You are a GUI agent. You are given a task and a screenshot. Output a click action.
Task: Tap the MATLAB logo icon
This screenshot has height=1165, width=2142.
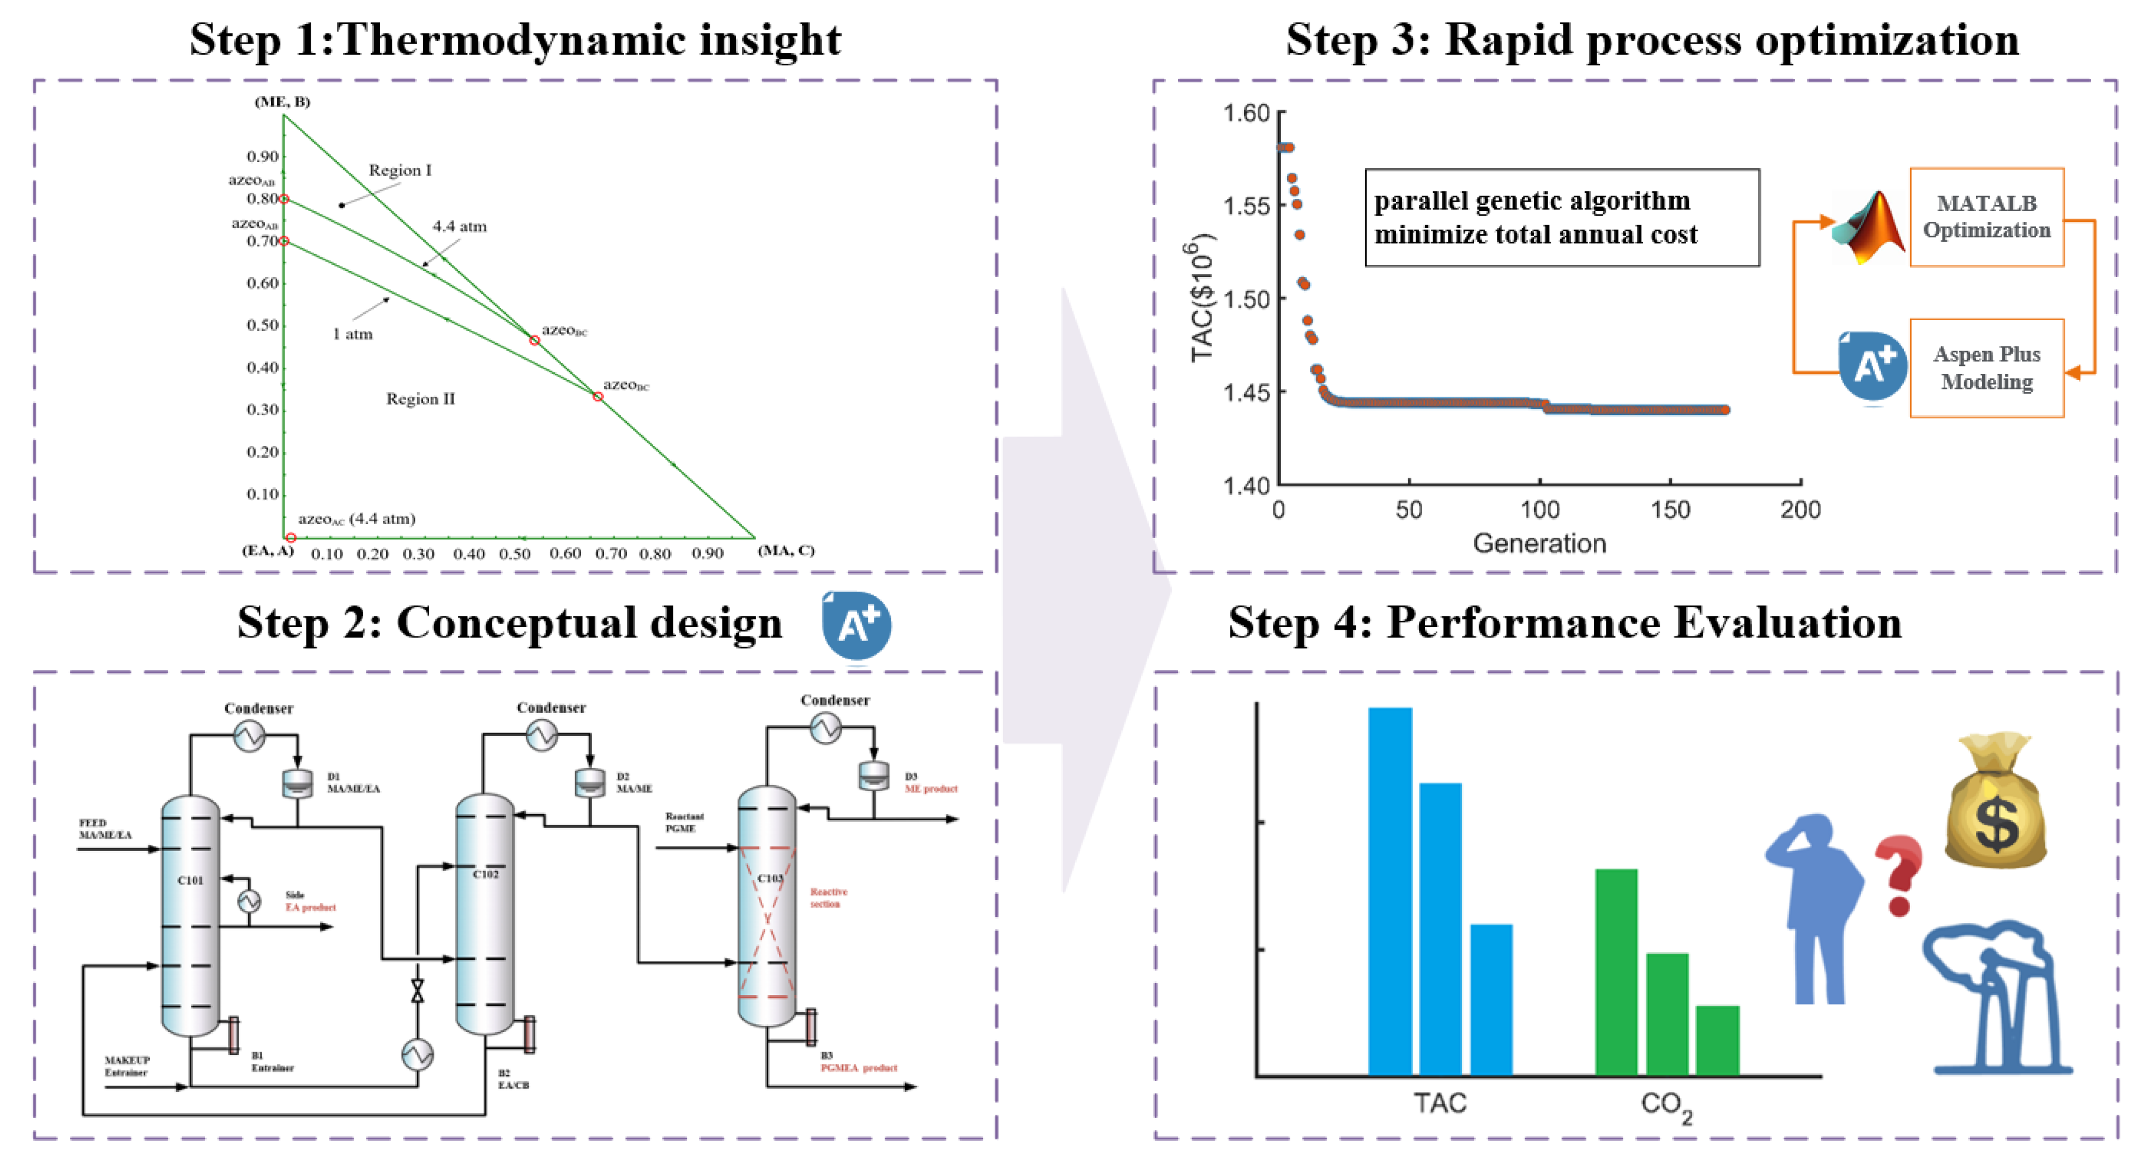1870,226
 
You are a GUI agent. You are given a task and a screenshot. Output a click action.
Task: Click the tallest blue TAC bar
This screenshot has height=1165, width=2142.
1389,890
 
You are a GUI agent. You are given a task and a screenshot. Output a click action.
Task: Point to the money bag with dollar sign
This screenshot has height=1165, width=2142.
1995,802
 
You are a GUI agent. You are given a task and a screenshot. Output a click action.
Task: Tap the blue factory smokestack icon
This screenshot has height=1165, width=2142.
1996,998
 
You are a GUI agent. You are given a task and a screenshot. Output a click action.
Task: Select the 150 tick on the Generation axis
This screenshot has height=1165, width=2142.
1670,510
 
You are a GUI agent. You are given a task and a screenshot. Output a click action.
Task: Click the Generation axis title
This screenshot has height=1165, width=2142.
1539,544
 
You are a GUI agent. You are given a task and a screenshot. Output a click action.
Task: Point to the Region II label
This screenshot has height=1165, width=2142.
420,399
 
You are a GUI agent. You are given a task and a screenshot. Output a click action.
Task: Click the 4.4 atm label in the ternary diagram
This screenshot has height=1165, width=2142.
459,226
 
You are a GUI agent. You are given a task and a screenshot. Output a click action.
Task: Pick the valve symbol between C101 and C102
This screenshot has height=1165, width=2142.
417,990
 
